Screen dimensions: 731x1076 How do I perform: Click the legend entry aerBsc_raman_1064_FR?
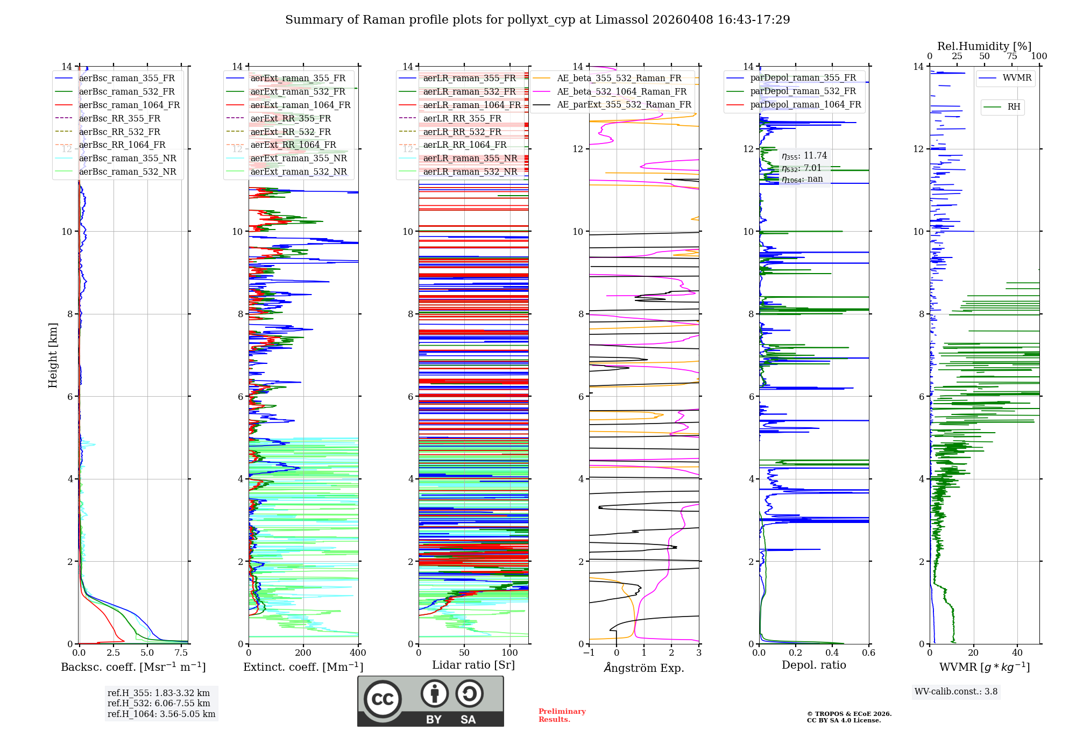(129, 105)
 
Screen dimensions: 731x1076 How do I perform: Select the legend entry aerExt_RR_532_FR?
(291, 132)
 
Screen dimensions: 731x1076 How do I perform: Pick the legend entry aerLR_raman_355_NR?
(470, 158)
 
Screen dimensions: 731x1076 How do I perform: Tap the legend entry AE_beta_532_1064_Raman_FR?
(621, 91)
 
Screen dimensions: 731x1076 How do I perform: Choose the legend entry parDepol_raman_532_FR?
(803, 91)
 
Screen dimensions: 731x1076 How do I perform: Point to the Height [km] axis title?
(53, 355)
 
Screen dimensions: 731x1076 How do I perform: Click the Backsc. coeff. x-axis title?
(133, 667)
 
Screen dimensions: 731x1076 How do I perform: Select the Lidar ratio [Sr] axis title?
(473, 665)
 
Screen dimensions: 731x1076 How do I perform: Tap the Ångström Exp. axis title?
(643, 668)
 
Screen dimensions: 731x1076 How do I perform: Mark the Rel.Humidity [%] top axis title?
(984, 46)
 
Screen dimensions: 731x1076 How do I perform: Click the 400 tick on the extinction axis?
(358, 653)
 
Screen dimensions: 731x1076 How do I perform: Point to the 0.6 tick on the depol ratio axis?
(868, 653)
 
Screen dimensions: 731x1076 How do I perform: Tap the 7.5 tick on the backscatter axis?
(181, 653)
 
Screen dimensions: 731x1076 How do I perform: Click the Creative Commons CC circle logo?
(383, 699)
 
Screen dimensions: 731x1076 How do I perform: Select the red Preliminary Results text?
(562, 715)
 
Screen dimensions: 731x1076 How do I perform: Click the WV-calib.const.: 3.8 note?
(955, 692)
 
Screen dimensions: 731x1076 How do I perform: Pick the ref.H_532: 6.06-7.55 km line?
(159, 703)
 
